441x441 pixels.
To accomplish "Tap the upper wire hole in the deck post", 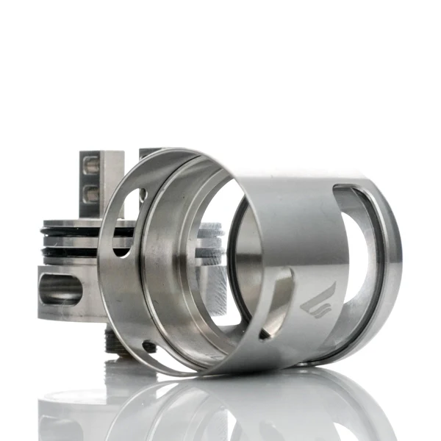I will tap(92, 169).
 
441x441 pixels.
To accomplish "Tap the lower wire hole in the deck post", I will tap(92, 194).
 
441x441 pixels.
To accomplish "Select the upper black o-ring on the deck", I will tap(70, 232).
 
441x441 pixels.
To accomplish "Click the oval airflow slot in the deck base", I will tap(61, 288).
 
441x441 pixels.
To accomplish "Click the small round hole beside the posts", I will tap(143, 195).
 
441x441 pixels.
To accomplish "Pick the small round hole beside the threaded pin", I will tap(150, 346).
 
